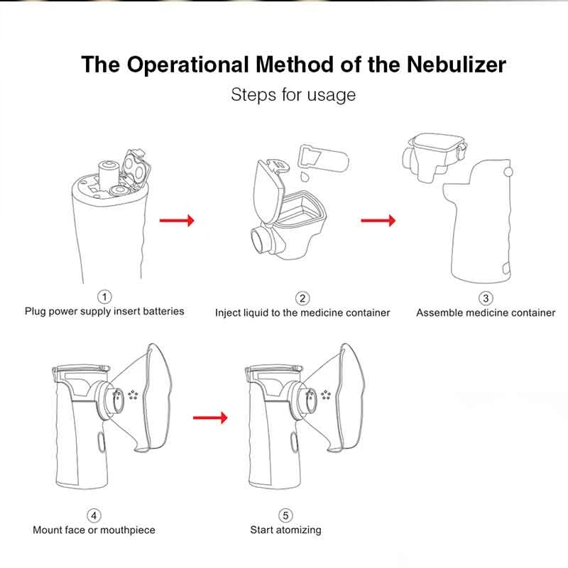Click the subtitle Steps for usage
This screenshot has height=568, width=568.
pos(293,94)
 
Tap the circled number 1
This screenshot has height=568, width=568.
pos(105,296)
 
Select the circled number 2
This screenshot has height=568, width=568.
pos(302,298)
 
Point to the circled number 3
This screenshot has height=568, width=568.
pos(486,298)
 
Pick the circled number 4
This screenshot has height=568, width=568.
pos(94,515)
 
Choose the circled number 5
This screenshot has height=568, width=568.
pos(285,515)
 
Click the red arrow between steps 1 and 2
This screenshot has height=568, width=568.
pos(176,221)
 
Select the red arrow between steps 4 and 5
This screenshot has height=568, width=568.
pos(211,417)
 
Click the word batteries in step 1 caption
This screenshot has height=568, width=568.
pos(162,311)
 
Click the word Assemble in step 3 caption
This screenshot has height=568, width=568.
pos(439,312)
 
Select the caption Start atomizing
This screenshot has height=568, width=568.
pos(285,530)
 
